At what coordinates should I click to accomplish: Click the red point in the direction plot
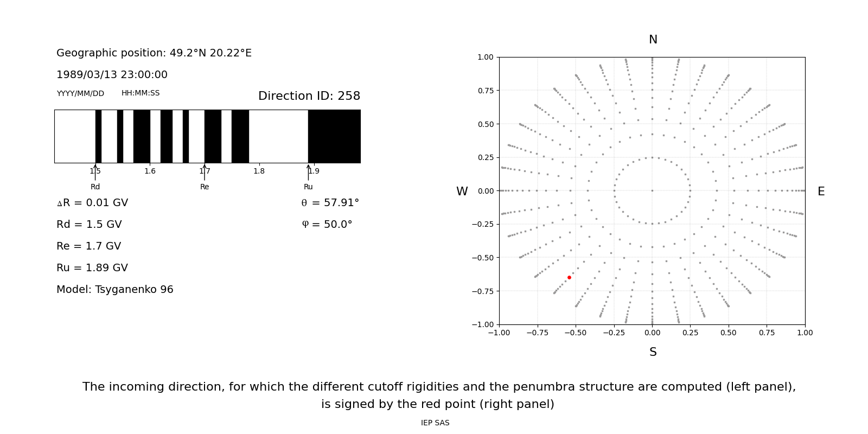click(569, 277)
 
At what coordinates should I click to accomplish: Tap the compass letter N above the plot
click(653, 40)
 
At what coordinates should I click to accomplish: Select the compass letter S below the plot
click(653, 352)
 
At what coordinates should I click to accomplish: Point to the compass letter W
click(462, 192)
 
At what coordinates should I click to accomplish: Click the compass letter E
click(821, 192)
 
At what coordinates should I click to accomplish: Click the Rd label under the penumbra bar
click(95, 187)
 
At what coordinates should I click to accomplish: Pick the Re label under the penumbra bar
click(205, 187)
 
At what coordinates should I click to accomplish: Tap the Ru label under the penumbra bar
click(308, 187)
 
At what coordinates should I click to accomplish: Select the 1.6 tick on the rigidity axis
click(150, 171)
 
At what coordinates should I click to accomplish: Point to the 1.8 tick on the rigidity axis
click(259, 171)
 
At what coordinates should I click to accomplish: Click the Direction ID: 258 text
click(309, 96)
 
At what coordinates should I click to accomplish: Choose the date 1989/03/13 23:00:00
click(112, 75)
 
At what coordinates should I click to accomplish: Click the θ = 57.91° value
click(330, 203)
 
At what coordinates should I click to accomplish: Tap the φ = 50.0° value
click(327, 225)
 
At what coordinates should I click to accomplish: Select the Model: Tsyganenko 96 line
click(115, 290)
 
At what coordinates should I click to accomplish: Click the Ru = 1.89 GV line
click(92, 268)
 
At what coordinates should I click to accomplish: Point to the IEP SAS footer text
click(435, 423)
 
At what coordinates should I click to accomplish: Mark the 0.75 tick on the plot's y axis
click(485, 91)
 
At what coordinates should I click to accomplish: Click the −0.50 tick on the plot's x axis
click(576, 333)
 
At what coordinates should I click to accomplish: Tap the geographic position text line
click(154, 53)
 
